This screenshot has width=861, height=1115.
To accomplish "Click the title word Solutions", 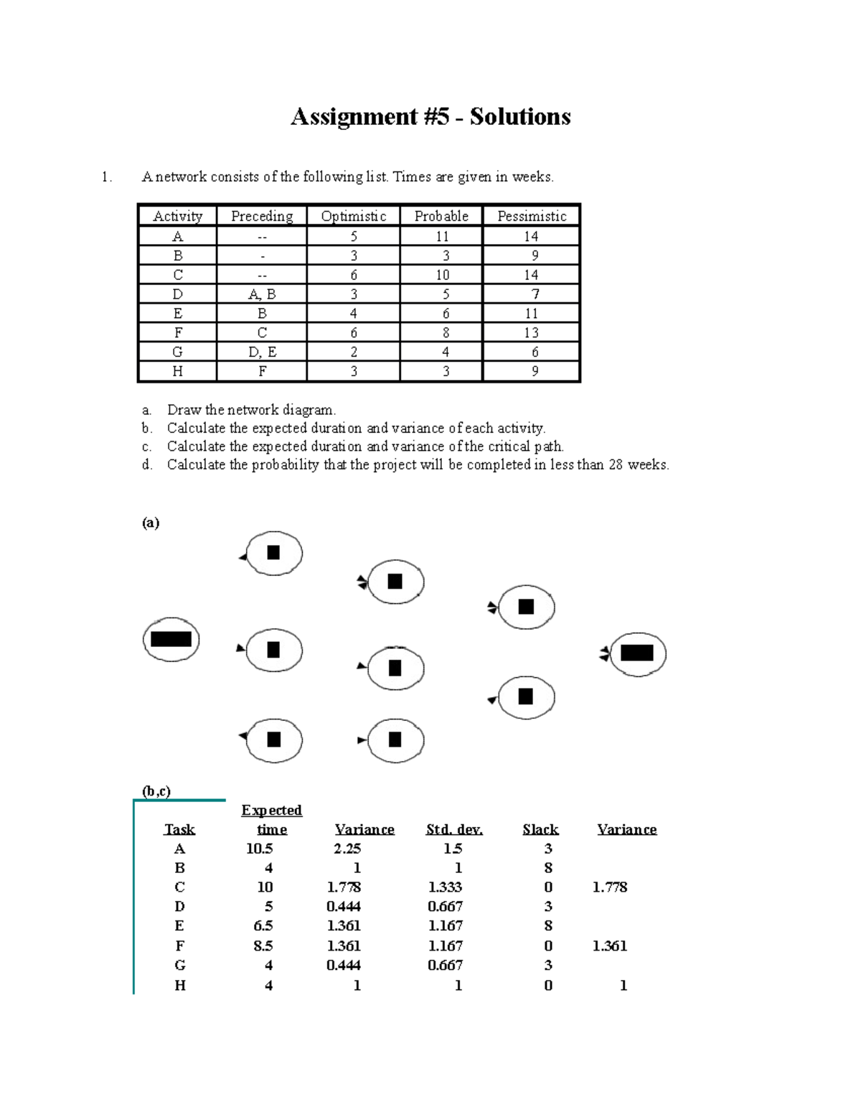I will [520, 117].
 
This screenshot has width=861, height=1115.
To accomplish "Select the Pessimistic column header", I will [532, 216].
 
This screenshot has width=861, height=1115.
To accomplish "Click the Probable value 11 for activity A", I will [442, 236].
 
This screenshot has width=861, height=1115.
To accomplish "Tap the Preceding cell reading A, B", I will [262, 294].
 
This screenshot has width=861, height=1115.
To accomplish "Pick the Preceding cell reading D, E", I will [262, 352].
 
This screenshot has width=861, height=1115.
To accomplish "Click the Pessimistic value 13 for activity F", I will [531, 332].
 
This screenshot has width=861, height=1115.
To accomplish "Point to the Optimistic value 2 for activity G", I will [354, 352].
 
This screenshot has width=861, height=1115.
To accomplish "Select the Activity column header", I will [178, 216].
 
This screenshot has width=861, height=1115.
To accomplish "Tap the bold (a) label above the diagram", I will [151, 523].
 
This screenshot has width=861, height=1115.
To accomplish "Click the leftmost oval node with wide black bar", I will [171, 639].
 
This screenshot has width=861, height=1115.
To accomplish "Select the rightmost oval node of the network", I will [637, 653].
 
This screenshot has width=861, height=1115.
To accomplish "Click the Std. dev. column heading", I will [454, 829].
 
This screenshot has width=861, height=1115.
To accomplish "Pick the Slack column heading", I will [540, 829].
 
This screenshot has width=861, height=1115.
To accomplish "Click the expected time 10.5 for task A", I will [259, 849].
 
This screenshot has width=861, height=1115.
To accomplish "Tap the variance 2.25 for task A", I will [347, 849].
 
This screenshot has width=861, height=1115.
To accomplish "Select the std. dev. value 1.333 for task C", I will [445, 887].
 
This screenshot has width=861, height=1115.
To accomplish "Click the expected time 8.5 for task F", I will [263, 946].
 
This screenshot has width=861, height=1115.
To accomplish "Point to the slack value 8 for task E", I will [548, 926].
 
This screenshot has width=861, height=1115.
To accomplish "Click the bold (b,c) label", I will [156, 791].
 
